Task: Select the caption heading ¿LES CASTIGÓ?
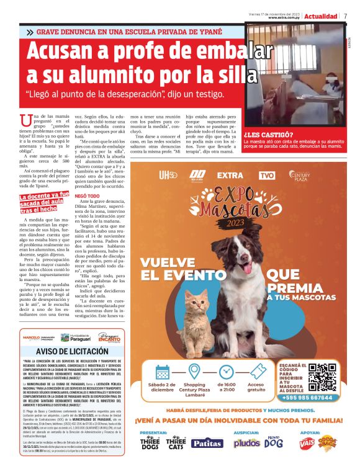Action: click(269, 134)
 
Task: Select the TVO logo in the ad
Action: click(266, 176)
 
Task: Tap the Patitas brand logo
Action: click(207, 443)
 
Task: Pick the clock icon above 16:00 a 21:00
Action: click(227, 372)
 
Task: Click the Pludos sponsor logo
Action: click(246, 443)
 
